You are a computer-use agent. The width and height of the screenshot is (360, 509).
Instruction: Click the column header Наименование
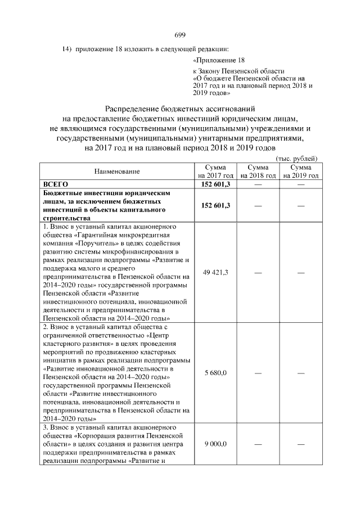pyautogui.click(x=117, y=171)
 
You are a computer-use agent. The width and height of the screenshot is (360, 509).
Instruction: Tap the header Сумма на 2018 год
pyautogui.click(x=258, y=172)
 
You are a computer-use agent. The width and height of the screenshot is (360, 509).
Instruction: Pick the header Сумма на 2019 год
pyautogui.click(x=300, y=172)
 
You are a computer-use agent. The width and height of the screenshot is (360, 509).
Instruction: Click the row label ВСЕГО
pyautogui.click(x=56, y=184)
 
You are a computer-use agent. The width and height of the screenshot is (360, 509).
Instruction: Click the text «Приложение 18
pyautogui.click(x=219, y=60)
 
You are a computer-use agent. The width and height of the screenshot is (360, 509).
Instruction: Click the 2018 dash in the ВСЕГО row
pyautogui.click(x=258, y=184)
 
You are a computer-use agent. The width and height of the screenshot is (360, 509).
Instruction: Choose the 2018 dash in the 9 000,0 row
pyautogui.click(x=258, y=445)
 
